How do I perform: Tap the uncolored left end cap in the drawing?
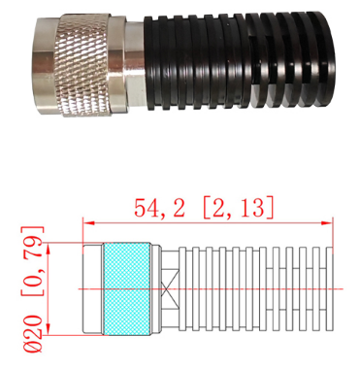(x=93, y=288)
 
